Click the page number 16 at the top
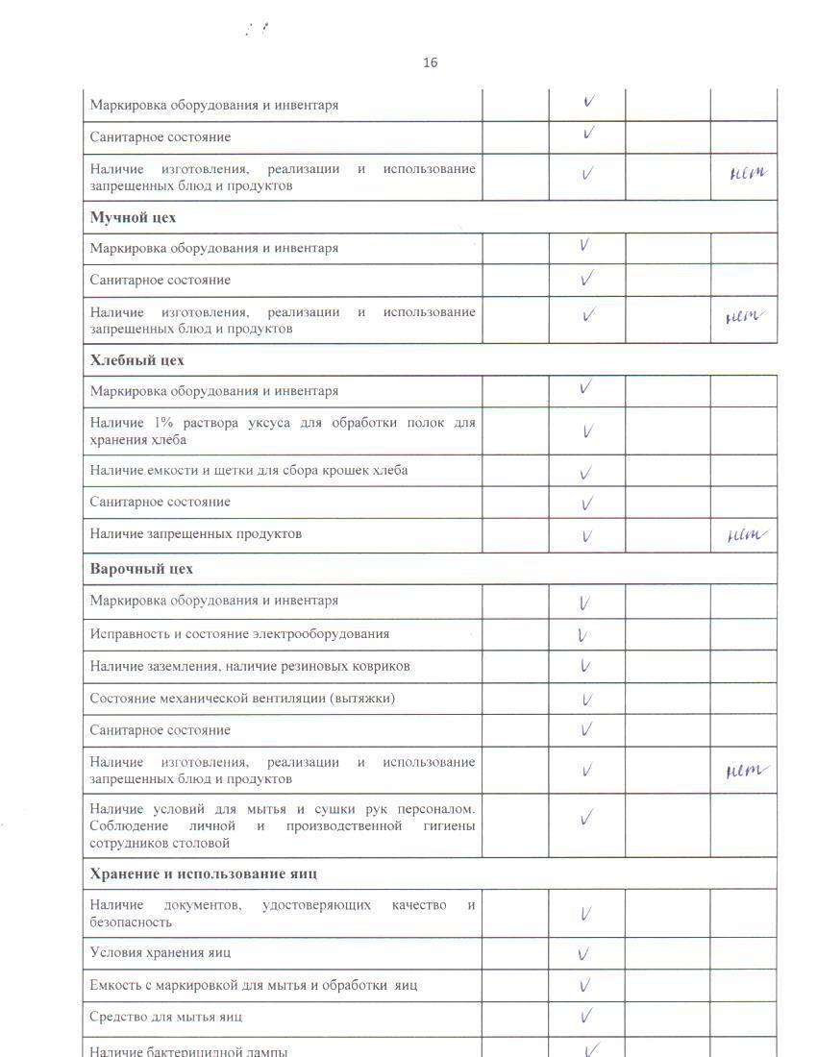pyautogui.click(x=430, y=62)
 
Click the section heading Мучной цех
pyautogui.click(x=133, y=217)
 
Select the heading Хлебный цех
pyautogui.click(x=136, y=360)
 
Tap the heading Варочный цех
pyautogui.click(x=141, y=568)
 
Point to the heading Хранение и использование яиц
pyautogui.click(x=203, y=873)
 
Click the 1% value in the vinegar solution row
pyautogui.click(x=154, y=422)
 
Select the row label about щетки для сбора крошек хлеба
pyautogui.click(x=248, y=470)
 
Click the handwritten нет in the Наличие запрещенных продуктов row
pyautogui.click(x=747, y=535)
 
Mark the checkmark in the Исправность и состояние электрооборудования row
pyautogui.click(x=582, y=635)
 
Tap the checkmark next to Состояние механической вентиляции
pyautogui.click(x=586, y=700)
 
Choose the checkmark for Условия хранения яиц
pyautogui.click(x=582, y=954)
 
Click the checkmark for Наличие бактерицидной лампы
pyautogui.click(x=592, y=1048)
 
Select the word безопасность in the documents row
pyautogui.click(x=131, y=922)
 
